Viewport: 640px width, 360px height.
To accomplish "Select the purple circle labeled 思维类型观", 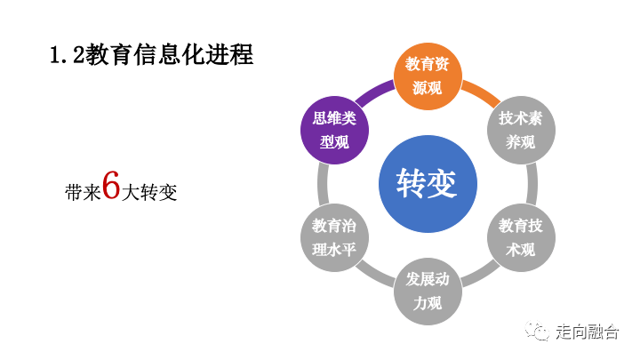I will pos(334,130).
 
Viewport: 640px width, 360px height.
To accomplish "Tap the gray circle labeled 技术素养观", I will pos(520,131).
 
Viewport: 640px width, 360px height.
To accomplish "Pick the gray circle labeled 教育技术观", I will pos(520,237).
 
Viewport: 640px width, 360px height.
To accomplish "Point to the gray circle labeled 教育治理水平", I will pos(334,237).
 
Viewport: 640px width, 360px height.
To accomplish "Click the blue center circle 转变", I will pos(427,183).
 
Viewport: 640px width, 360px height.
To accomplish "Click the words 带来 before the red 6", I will pos(83,191).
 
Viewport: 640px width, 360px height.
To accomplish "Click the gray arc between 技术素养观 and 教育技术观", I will pos(533,184).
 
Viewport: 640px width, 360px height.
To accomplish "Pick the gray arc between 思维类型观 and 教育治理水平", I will pos(321,184).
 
